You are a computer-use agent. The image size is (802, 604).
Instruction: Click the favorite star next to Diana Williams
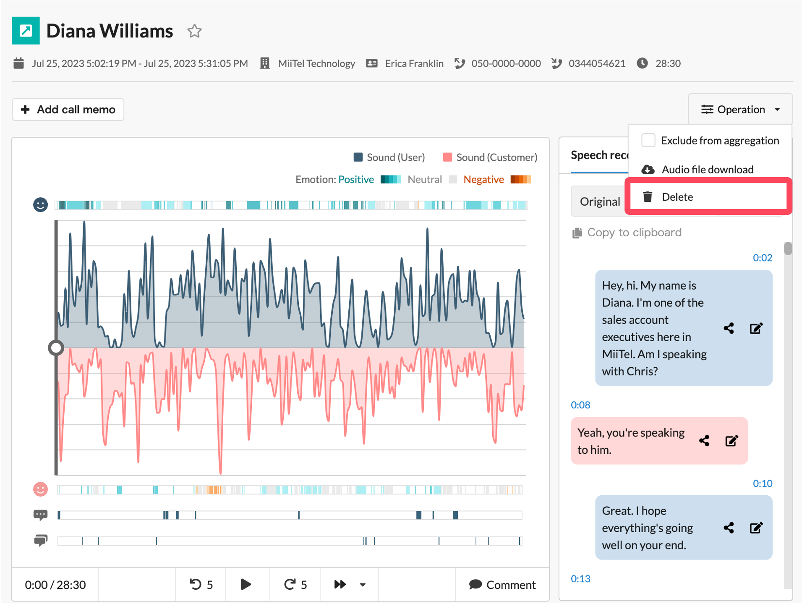coord(194,31)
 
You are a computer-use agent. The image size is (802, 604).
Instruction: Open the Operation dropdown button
coord(740,110)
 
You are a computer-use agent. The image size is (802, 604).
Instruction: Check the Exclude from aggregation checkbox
coord(648,140)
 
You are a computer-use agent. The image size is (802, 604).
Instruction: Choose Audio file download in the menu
coord(707,169)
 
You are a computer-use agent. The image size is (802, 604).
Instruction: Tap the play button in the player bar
coord(246,584)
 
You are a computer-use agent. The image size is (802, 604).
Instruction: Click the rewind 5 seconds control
coord(201,584)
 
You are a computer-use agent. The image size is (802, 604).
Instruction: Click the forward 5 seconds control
coord(295,584)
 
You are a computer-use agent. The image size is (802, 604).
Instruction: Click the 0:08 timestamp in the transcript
coord(580,405)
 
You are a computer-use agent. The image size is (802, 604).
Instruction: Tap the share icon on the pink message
coord(704,441)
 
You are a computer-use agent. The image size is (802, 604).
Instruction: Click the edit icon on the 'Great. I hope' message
coord(756,528)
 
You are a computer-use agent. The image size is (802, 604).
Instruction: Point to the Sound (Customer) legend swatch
coord(447,157)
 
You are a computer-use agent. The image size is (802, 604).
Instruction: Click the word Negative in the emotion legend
coord(483,180)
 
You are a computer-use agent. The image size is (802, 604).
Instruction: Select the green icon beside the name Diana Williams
coord(26,31)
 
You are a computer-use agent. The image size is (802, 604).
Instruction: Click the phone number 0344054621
coord(597,63)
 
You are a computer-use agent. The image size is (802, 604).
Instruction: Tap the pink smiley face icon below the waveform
coord(40,489)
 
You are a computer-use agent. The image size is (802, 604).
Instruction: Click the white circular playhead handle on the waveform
coord(56,348)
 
